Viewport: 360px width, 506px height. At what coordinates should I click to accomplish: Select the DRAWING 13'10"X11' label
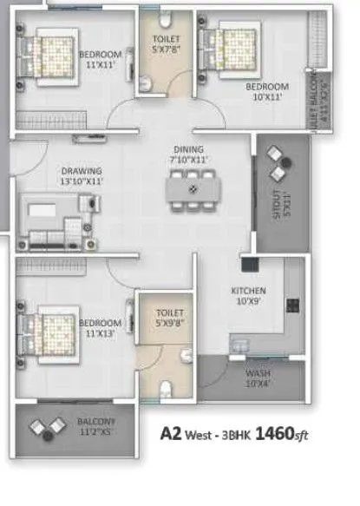(x=82, y=176)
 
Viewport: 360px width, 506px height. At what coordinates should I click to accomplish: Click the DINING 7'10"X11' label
(x=187, y=154)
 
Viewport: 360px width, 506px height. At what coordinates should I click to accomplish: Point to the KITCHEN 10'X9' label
(x=248, y=296)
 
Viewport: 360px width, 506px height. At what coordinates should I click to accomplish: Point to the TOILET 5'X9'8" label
(x=167, y=318)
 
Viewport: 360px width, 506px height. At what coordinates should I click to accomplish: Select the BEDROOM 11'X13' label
(x=101, y=327)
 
